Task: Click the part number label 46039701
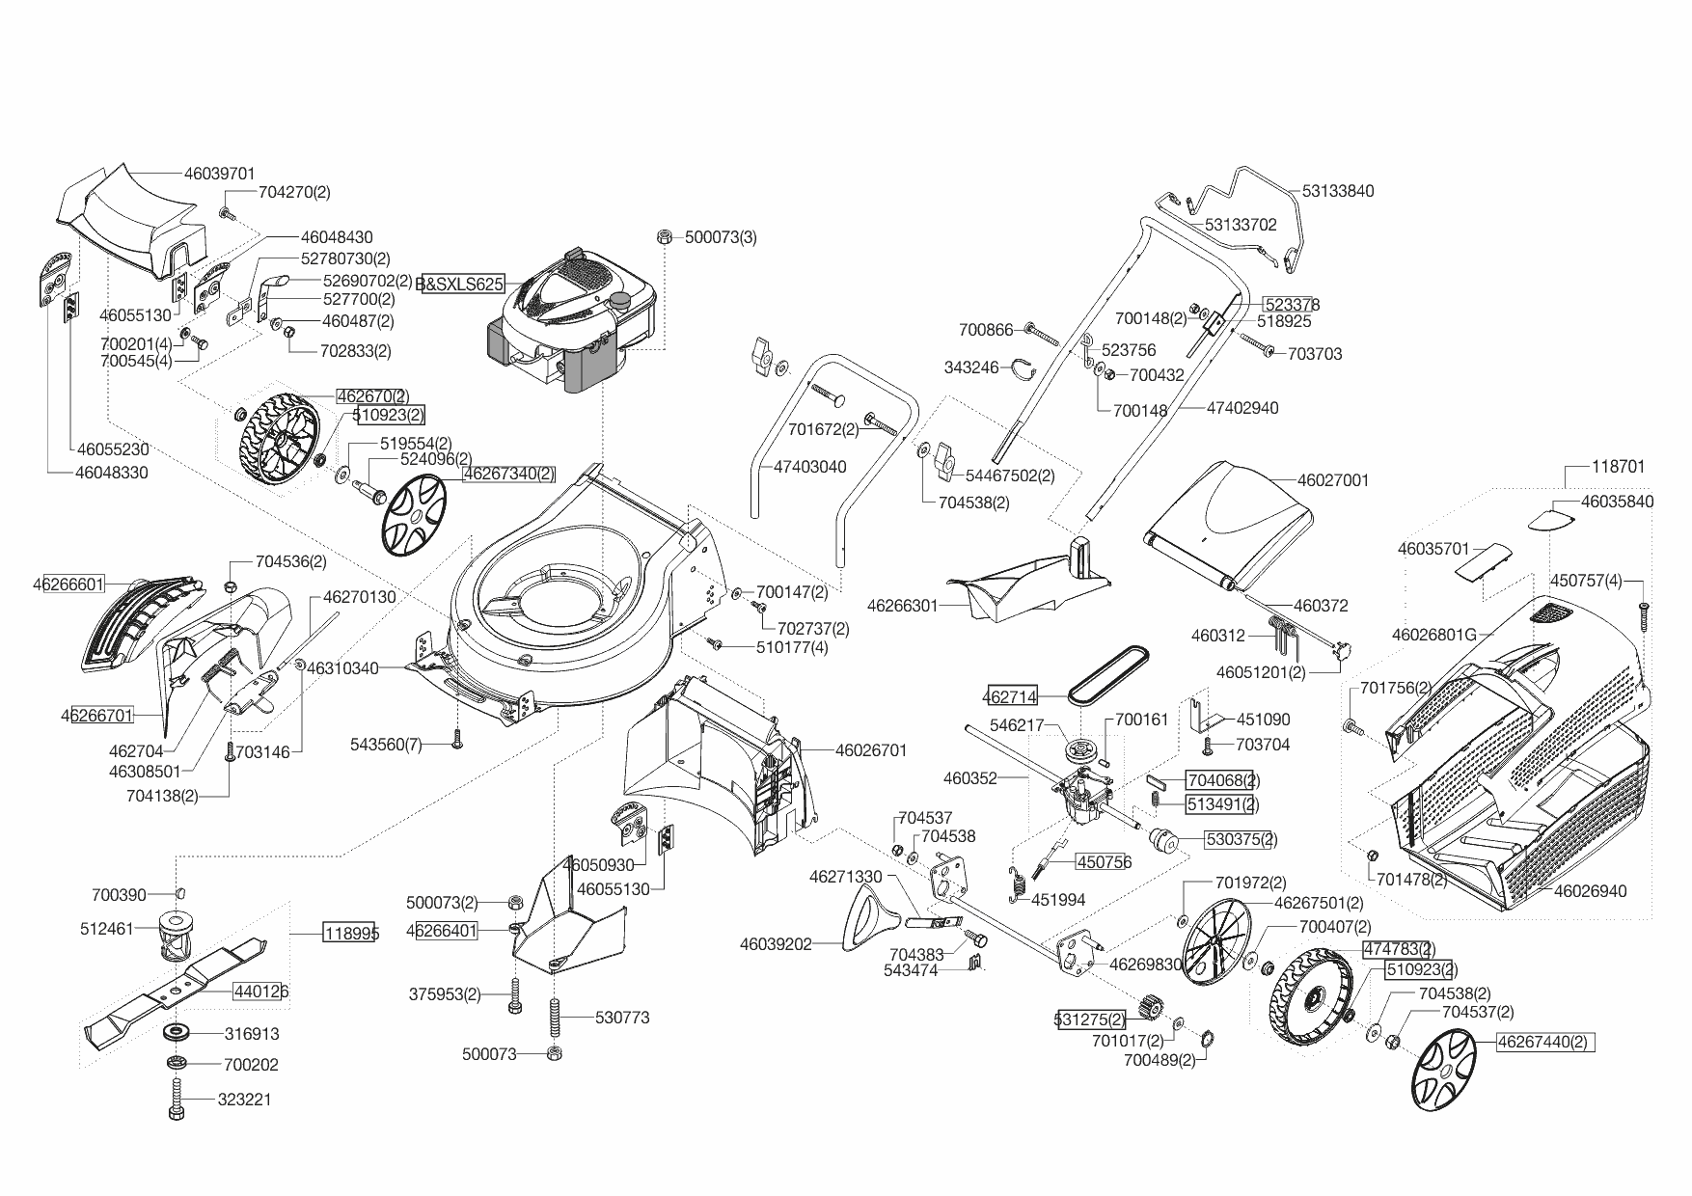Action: (219, 174)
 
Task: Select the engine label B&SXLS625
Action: (460, 285)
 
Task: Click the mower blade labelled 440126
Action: (174, 990)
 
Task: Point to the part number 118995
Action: (351, 933)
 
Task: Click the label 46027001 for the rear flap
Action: (1333, 479)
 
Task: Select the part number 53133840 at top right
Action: (1338, 191)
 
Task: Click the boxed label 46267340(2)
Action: (508, 474)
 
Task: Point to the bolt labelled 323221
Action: (177, 1100)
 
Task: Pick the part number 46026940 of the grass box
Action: (1590, 890)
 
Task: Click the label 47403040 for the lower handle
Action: (810, 467)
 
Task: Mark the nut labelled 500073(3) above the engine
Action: (665, 237)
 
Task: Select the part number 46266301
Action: (903, 606)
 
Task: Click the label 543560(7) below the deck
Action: (386, 745)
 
